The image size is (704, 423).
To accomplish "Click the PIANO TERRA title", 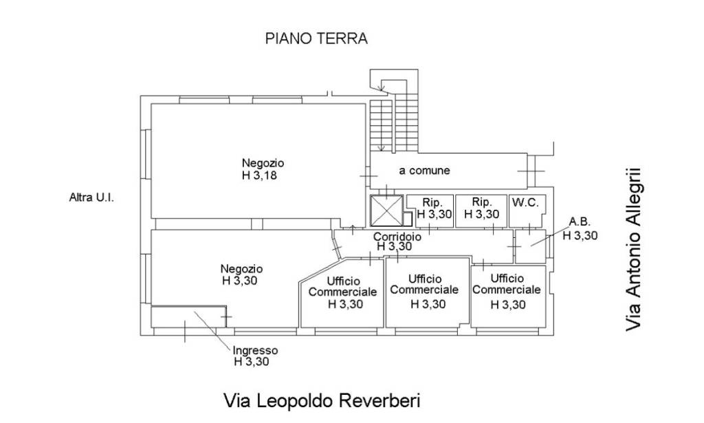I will [316, 39].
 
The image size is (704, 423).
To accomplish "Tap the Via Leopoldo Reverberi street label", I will [321, 400].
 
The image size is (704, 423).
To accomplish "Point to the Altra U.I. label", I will [91, 197].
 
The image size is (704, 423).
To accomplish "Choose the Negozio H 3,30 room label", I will [242, 274].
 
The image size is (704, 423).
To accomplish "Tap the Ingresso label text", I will [255, 349].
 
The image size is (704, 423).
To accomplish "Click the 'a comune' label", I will [425, 171].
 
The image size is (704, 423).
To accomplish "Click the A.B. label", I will [579, 221].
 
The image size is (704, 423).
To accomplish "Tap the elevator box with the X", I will [385, 210].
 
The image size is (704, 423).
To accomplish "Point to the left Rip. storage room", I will [431, 209].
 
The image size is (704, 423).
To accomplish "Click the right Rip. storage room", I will [482, 209].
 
